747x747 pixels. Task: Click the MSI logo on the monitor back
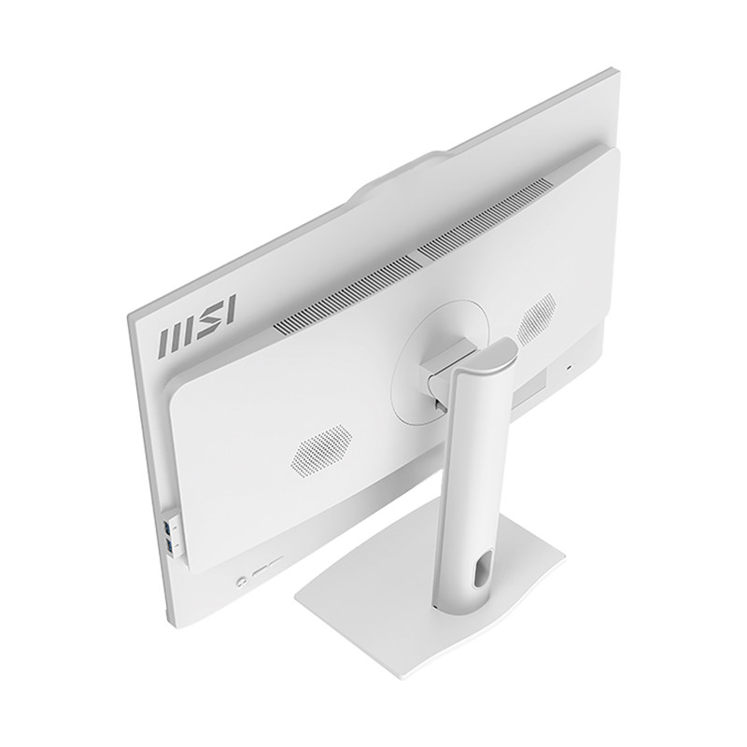tap(197, 325)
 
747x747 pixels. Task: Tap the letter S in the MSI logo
tap(208, 320)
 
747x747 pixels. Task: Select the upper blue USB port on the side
tap(167, 528)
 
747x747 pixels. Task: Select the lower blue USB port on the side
tap(169, 545)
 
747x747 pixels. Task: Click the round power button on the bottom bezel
tap(242, 581)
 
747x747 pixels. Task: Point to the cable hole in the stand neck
tap(480, 569)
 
